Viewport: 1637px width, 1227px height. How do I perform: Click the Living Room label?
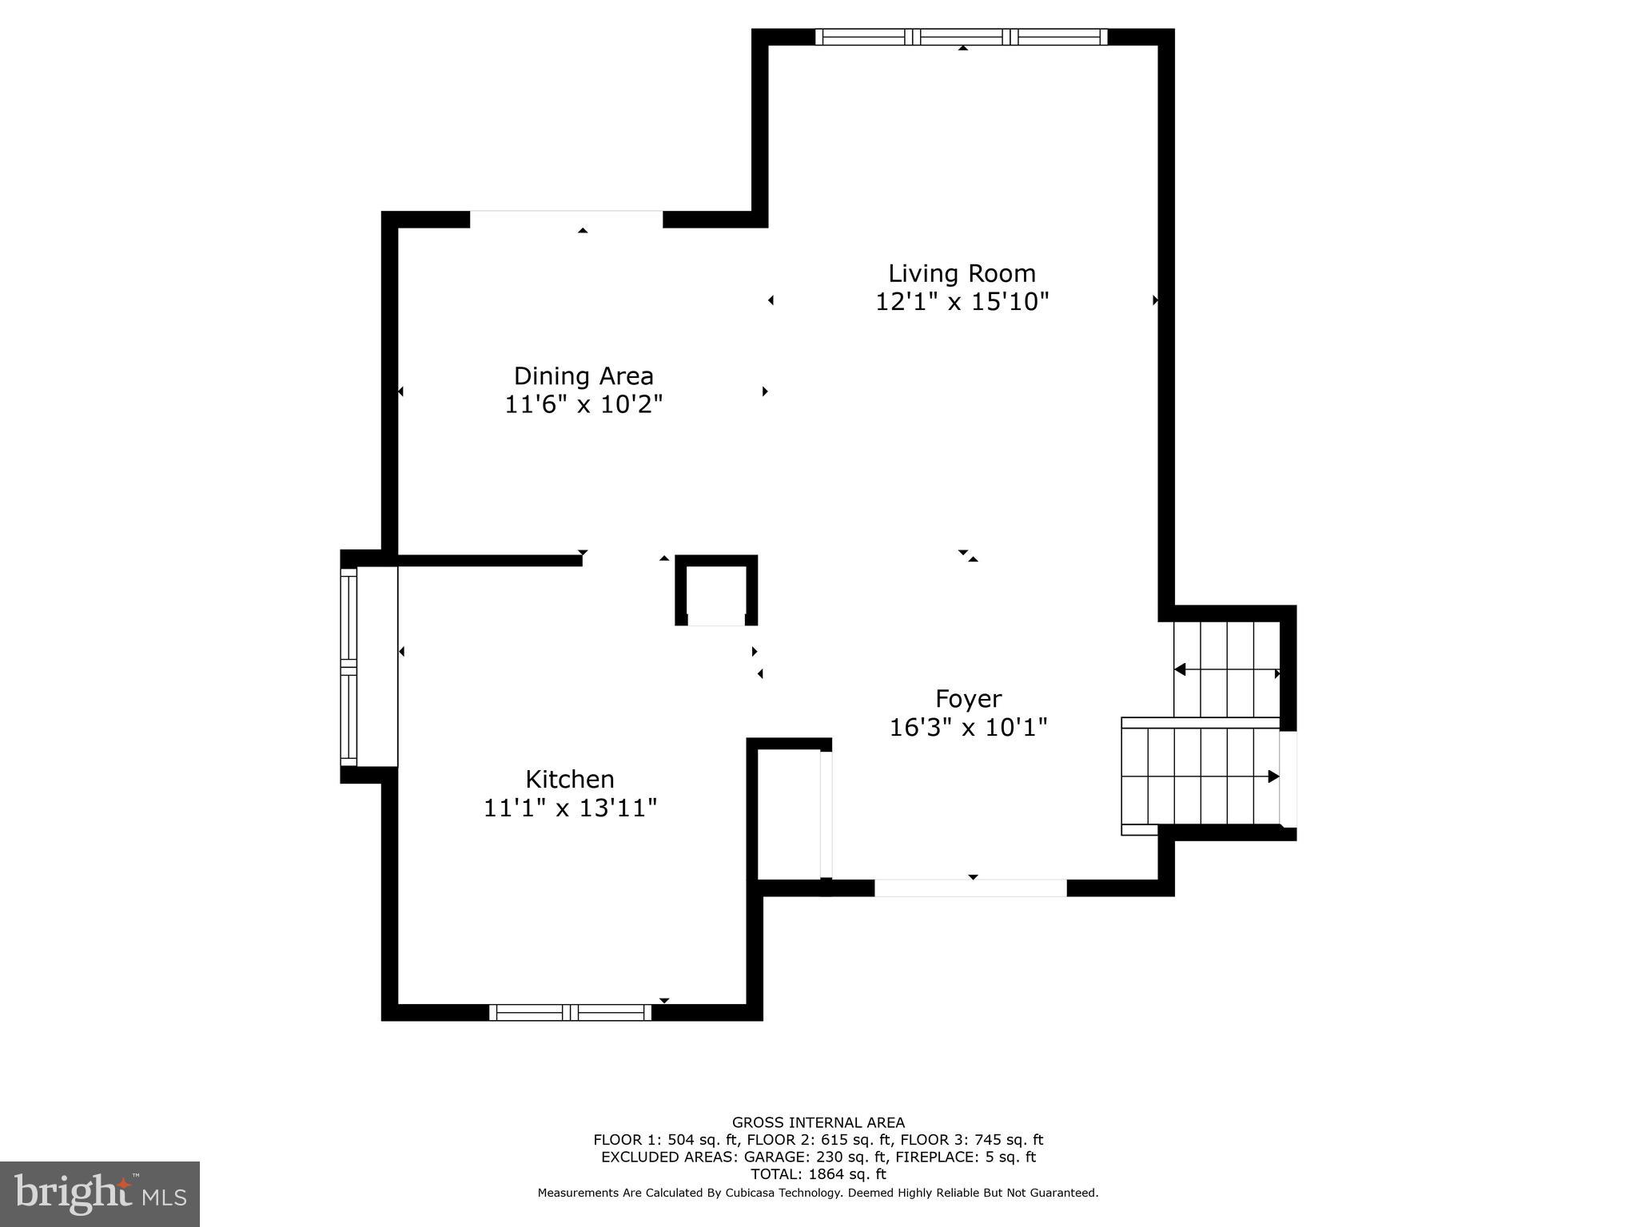tap(962, 273)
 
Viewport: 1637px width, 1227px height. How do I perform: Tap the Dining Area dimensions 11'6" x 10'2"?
tap(584, 404)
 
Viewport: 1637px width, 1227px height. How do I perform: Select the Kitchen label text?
tap(569, 779)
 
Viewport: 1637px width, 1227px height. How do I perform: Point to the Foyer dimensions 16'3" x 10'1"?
tap(968, 728)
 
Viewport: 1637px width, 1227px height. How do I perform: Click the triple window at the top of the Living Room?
tap(962, 37)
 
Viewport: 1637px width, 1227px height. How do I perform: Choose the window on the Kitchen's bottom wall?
tap(570, 1012)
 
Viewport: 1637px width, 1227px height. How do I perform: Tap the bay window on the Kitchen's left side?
tap(349, 666)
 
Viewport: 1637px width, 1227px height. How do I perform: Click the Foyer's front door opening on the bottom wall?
tap(970, 887)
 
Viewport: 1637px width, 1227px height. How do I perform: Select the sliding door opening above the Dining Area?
tap(566, 218)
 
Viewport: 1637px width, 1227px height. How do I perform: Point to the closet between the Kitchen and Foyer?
tap(788, 813)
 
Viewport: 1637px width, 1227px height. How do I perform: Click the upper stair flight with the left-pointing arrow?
tap(1226, 669)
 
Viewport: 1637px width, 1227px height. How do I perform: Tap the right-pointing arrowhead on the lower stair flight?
tap(1273, 776)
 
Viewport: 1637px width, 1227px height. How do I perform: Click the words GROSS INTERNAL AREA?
tap(818, 1122)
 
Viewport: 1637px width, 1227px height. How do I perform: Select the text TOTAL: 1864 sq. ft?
tap(818, 1174)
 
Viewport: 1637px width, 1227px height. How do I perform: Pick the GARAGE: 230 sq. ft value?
tap(815, 1157)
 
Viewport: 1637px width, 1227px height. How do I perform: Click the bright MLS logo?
tap(100, 1194)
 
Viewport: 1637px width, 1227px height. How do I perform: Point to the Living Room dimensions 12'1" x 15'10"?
tap(962, 302)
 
